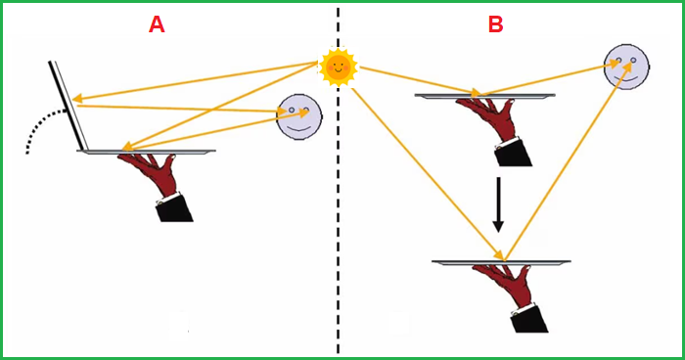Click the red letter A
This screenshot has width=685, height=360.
point(157,24)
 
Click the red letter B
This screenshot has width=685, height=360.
point(496,24)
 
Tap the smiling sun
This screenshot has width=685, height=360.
point(339,67)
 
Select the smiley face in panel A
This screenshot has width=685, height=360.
point(299,116)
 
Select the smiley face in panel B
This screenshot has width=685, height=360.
point(626,67)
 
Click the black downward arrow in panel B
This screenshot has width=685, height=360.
point(498,204)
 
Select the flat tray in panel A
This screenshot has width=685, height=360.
point(146,152)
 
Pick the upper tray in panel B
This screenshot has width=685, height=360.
point(485,96)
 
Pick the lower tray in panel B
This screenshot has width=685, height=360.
point(501,262)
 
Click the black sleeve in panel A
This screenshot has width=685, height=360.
point(174,208)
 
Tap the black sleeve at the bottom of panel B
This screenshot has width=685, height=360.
point(528,319)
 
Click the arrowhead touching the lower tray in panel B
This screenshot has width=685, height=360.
point(499,254)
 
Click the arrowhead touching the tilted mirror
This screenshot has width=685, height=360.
point(77,99)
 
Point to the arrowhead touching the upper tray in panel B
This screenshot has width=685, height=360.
point(476,92)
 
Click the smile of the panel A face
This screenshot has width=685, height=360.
point(299,128)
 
